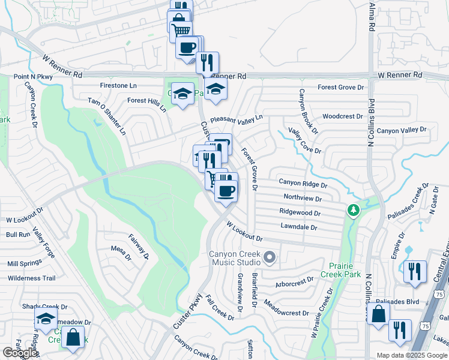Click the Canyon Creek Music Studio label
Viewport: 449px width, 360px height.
[x=235, y=259]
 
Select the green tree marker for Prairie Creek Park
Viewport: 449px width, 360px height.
[x=353, y=211]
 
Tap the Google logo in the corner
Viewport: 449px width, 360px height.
[x=20, y=353]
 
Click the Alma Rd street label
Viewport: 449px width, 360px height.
[x=372, y=17]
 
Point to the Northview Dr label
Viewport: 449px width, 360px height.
[x=303, y=197]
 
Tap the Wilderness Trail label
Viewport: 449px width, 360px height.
[x=31, y=278]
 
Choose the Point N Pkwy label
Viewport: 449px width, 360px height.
[x=34, y=77]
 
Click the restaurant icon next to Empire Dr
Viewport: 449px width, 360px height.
[x=415, y=272]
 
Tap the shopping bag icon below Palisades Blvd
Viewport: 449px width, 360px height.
[x=379, y=314]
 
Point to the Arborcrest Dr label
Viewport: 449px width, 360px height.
[x=294, y=280]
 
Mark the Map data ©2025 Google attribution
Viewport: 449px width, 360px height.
[x=411, y=355]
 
